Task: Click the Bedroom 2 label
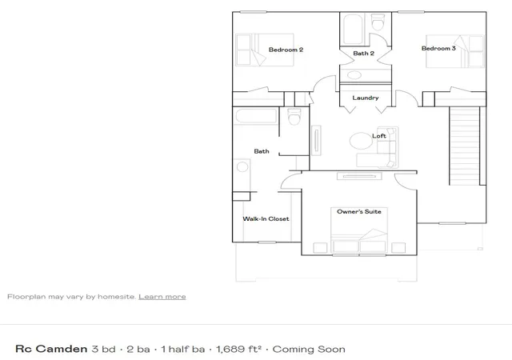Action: point(286,50)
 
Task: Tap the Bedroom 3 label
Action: point(438,48)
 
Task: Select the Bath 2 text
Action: point(363,54)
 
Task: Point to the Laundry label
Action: point(366,98)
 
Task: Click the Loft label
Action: point(379,135)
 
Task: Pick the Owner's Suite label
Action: point(359,211)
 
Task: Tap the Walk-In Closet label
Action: point(266,218)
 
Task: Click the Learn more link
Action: point(162,297)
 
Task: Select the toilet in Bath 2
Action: point(378,22)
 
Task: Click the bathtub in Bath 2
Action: point(353,29)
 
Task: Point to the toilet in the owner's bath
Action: point(294,117)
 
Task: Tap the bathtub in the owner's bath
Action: point(256,116)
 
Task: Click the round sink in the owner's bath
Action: point(242,166)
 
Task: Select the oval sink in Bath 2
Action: point(354,75)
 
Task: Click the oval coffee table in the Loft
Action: point(361,141)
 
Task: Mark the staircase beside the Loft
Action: point(464,146)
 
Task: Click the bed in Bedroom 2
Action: point(265,50)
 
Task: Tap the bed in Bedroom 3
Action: point(455,51)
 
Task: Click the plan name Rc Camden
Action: point(51,349)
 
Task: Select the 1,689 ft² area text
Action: point(238,349)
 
